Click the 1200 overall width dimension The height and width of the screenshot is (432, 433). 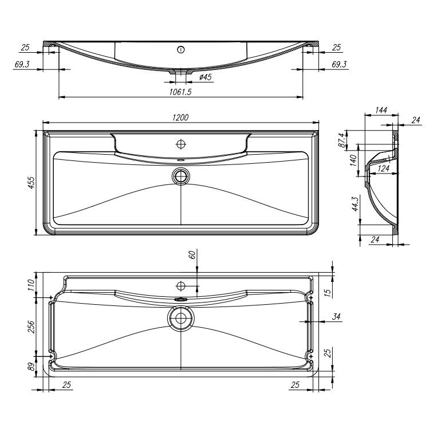pyautogui.click(x=180, y=117)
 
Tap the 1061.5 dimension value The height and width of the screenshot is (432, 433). pyautogui.click(x=180, y=92)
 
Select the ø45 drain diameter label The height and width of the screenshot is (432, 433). pyautogui.click(x=206, y=77)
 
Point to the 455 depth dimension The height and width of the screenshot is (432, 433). pyautogui.click(x=32, y=183)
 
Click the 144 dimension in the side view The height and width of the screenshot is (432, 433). pyautogui.click(x=381, y=110)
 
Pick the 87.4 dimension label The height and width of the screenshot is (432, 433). pyautogui.click(x=342, y=140)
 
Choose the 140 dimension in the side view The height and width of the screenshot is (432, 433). pyautogui.click(x=353, y=160)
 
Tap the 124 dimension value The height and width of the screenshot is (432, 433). pyautogui.click(x=384, y=168)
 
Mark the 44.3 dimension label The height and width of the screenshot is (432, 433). pyautogui.click(x=355, y=204)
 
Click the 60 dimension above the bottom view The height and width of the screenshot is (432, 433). pyautogui.click(x=192, y=254)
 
